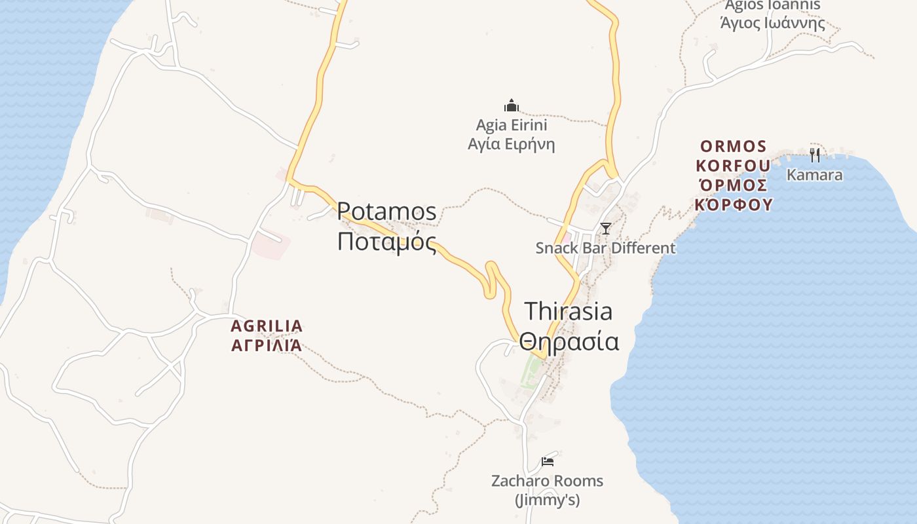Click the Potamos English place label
[x=386, y=212]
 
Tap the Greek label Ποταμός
[x=386, y=242]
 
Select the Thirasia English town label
[x=569, y=311]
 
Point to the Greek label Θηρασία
[x=569, y=341]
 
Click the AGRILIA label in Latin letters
[x=267, y=326]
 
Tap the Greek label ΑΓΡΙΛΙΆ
[x=267, y=345]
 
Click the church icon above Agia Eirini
[x=512, y=105]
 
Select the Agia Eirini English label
[x=512, y=125]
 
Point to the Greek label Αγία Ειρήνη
[x=512, y=144]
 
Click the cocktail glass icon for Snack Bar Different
[x=606, y=229]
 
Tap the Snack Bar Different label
[x=605, y=248]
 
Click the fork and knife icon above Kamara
[x=815, y=155]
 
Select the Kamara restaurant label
[x=814, y=175]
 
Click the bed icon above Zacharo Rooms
[x=548, y=462]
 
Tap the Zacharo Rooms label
[x=548, y=481]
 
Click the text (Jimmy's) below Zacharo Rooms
[x=548, y=501]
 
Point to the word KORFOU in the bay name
[x=733, y=165]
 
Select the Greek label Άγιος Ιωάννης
[x=772, y=23]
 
